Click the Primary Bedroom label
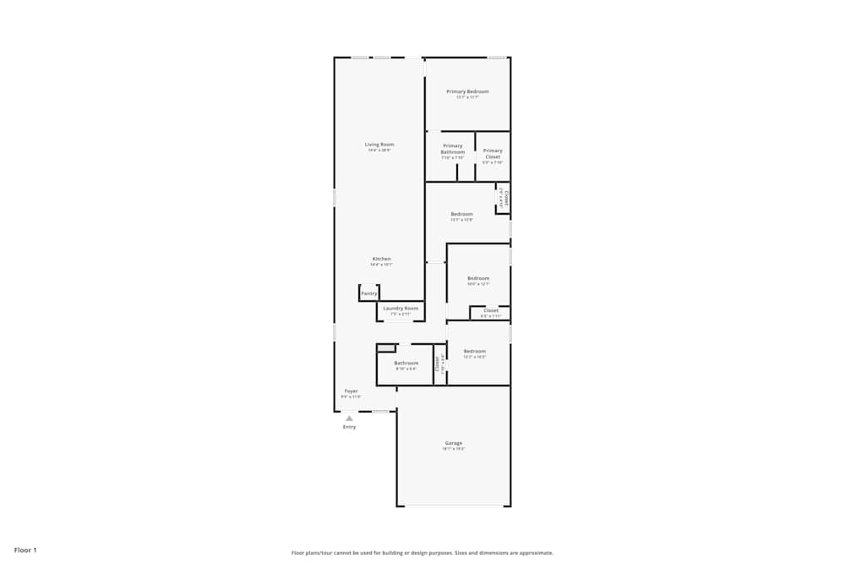coord(467,91)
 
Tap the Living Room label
coord(379,145)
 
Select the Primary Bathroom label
coord(452,149)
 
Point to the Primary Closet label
coord(493,153)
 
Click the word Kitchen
coord(382,259)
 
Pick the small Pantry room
coord(369,293)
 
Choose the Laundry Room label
coord(401,309)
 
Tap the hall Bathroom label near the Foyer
coord(406,363)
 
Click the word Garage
coord(454,443)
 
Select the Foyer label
coord(351,392)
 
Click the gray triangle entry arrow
coord(349,418)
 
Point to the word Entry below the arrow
coord(349,427)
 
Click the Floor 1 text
coord(25,550)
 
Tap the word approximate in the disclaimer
coord(537,553)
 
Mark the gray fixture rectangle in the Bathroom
coord(386,348)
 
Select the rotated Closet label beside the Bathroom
coord(438,364)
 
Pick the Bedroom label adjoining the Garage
coord(474,351)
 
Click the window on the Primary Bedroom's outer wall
coord(497,57)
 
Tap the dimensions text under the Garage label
coord(454,449)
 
